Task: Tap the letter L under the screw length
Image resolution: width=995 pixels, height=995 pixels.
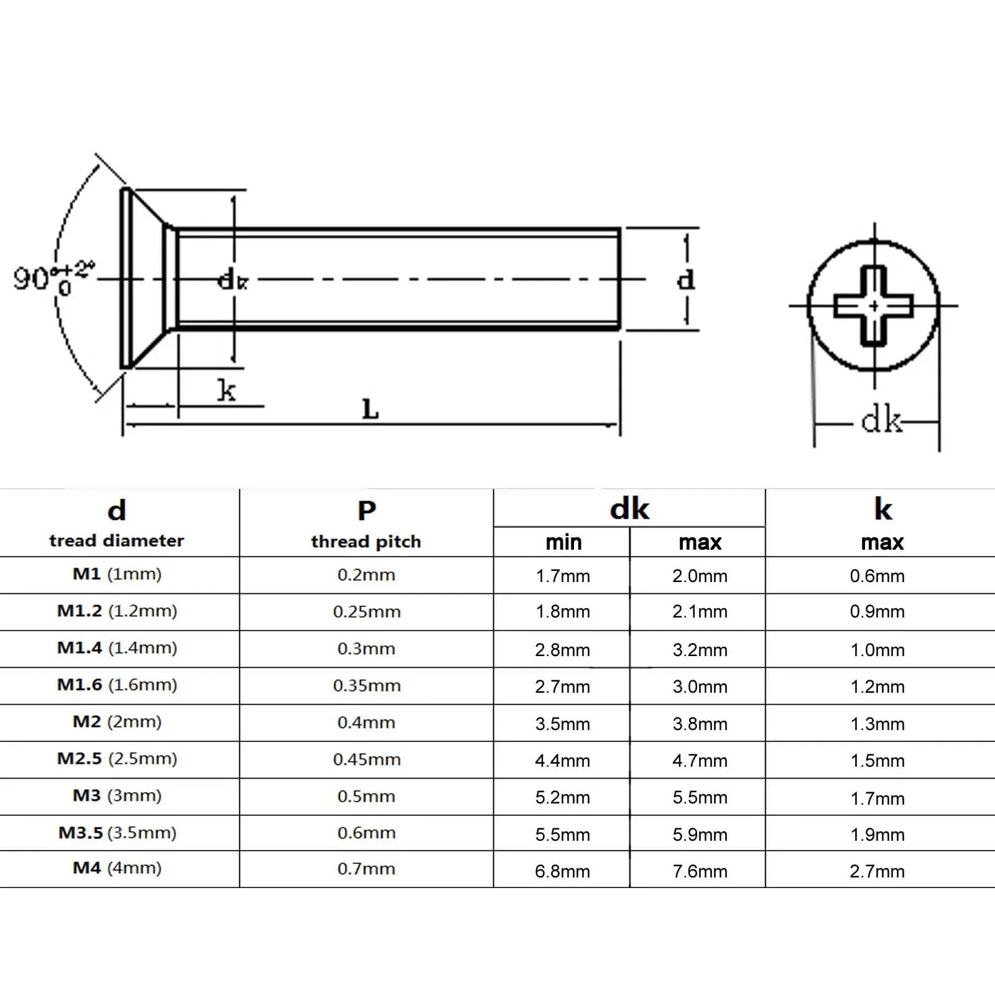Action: [370, 410]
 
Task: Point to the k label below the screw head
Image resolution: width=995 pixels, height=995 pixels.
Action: [227, 391]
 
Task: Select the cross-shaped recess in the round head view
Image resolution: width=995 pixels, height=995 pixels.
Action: [874, 306]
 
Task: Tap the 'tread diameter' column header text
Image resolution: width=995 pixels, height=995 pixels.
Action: [117, 540]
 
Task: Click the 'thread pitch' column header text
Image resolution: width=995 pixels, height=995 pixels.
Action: [366, 542]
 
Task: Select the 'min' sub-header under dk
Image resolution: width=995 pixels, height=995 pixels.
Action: [563, 542]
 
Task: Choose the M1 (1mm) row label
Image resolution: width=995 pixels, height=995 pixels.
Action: [117, 574]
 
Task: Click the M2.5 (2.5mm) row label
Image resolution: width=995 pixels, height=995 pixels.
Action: [117, 759]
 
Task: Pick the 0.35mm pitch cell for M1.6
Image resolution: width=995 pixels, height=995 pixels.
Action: [367, 685]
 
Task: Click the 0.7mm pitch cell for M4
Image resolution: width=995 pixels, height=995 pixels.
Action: [366, 869]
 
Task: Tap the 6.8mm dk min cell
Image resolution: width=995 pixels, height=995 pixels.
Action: [563, 871]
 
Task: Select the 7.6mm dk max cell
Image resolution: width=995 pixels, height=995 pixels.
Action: [700, 871]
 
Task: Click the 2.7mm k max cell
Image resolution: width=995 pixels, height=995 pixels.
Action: [877, 871]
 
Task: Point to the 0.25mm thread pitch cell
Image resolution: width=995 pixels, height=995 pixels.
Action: [367, 611]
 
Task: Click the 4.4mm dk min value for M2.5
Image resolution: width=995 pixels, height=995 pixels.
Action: [563, 761]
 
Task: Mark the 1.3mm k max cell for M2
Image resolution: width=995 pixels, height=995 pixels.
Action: [877, 724]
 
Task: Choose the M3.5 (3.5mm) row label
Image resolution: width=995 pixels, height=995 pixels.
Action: [118, 833]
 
